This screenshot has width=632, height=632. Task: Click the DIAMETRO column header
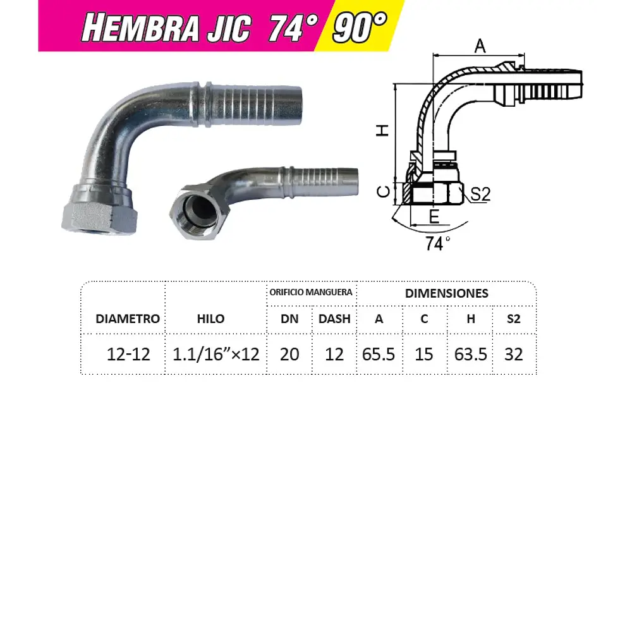128,319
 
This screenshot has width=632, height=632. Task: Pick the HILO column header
210,319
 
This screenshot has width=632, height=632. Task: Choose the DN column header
289,319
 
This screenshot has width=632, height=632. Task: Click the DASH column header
334,319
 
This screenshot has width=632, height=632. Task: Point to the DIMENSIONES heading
446,293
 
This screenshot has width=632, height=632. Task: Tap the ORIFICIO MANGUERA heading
311,293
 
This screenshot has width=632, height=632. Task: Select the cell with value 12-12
129,354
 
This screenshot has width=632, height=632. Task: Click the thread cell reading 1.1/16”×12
216,354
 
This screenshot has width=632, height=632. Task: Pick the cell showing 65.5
379,354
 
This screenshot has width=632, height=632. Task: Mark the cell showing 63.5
471,354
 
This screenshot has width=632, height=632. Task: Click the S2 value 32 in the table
514,354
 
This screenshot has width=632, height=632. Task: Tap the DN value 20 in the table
289,354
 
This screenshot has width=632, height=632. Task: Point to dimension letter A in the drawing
480,46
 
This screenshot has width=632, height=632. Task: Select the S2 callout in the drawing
480,195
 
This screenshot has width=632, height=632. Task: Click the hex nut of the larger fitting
100,213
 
